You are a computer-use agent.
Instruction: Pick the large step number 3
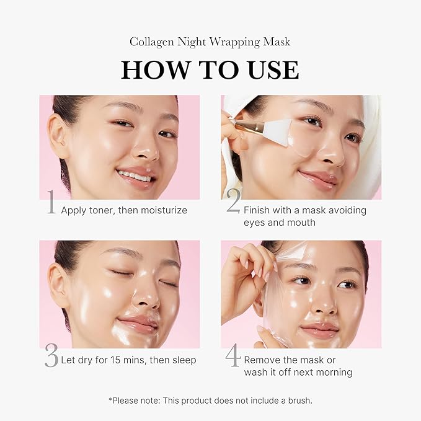click(51, 357)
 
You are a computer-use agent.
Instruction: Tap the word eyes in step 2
click(254, 222)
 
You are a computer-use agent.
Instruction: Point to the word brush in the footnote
click(298, 401)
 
